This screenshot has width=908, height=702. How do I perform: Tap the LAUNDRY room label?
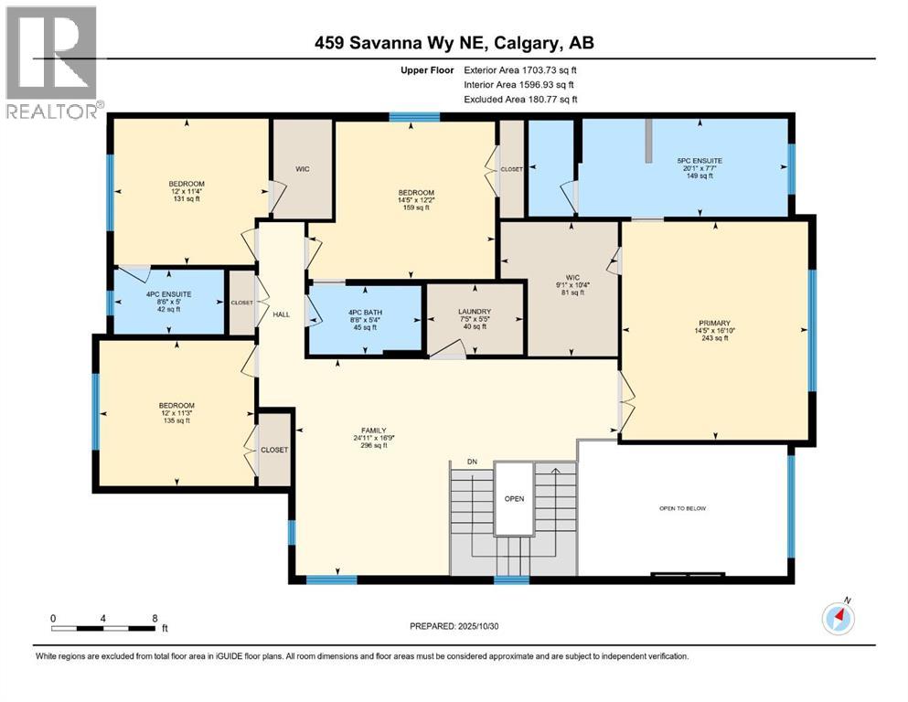475,312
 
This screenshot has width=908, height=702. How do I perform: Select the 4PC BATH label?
364,312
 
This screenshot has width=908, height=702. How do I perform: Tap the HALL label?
281,314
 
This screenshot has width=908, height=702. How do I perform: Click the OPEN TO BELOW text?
682,507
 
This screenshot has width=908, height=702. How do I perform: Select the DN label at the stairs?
472,462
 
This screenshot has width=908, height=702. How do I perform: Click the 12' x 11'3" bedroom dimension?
176,412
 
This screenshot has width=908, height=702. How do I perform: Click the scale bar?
103,626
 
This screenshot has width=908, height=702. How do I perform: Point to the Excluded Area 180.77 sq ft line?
520,100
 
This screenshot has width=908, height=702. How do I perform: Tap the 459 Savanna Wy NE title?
454,42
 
